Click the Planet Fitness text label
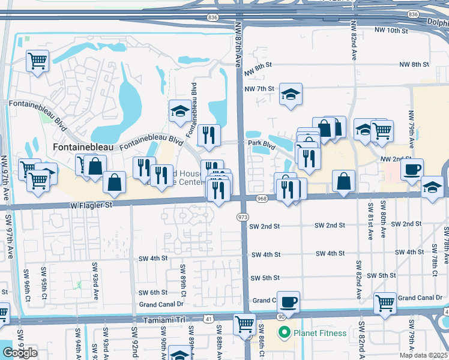[320, 333]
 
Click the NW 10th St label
[391, 30]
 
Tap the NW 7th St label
[259, 89]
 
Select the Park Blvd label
[262, 144]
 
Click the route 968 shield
[261, 199]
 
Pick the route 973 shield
[243, 215]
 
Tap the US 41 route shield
[208, 320]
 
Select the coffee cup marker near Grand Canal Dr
[288, 302]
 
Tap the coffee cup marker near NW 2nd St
[412, 170]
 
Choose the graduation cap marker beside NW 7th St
[291, 94]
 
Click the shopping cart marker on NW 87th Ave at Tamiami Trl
[244, 325]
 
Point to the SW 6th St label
[152, 292]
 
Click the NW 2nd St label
[394, 158]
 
